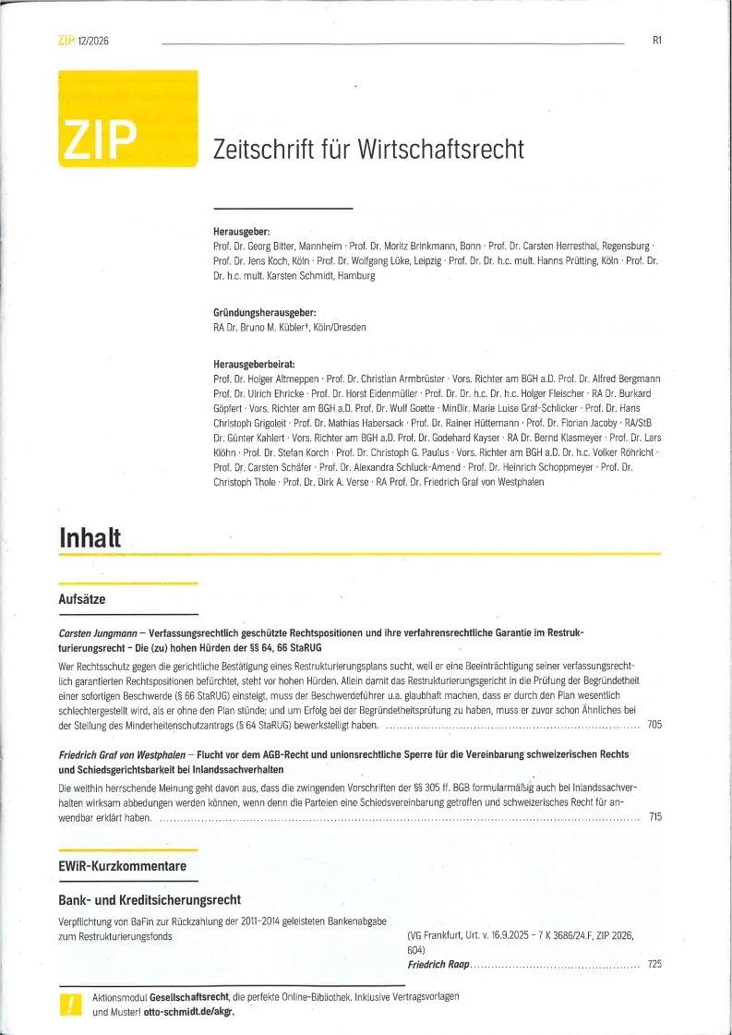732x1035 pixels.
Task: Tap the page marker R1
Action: click(657, 40)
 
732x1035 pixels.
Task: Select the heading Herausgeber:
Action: click(241, 233)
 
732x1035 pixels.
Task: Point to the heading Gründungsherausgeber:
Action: click(265, 314)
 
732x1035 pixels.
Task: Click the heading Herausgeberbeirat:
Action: click(254, 365)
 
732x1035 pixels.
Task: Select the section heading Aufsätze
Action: click(81, 599)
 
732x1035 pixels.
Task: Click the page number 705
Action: click(654, 726)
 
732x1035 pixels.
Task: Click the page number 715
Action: click(654, 817)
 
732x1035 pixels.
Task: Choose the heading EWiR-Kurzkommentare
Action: click(122, 866)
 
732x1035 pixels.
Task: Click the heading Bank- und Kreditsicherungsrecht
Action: click(149, 898)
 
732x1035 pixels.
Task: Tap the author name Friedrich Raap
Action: click(438, 964)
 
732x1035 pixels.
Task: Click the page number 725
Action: click(654, 964)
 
